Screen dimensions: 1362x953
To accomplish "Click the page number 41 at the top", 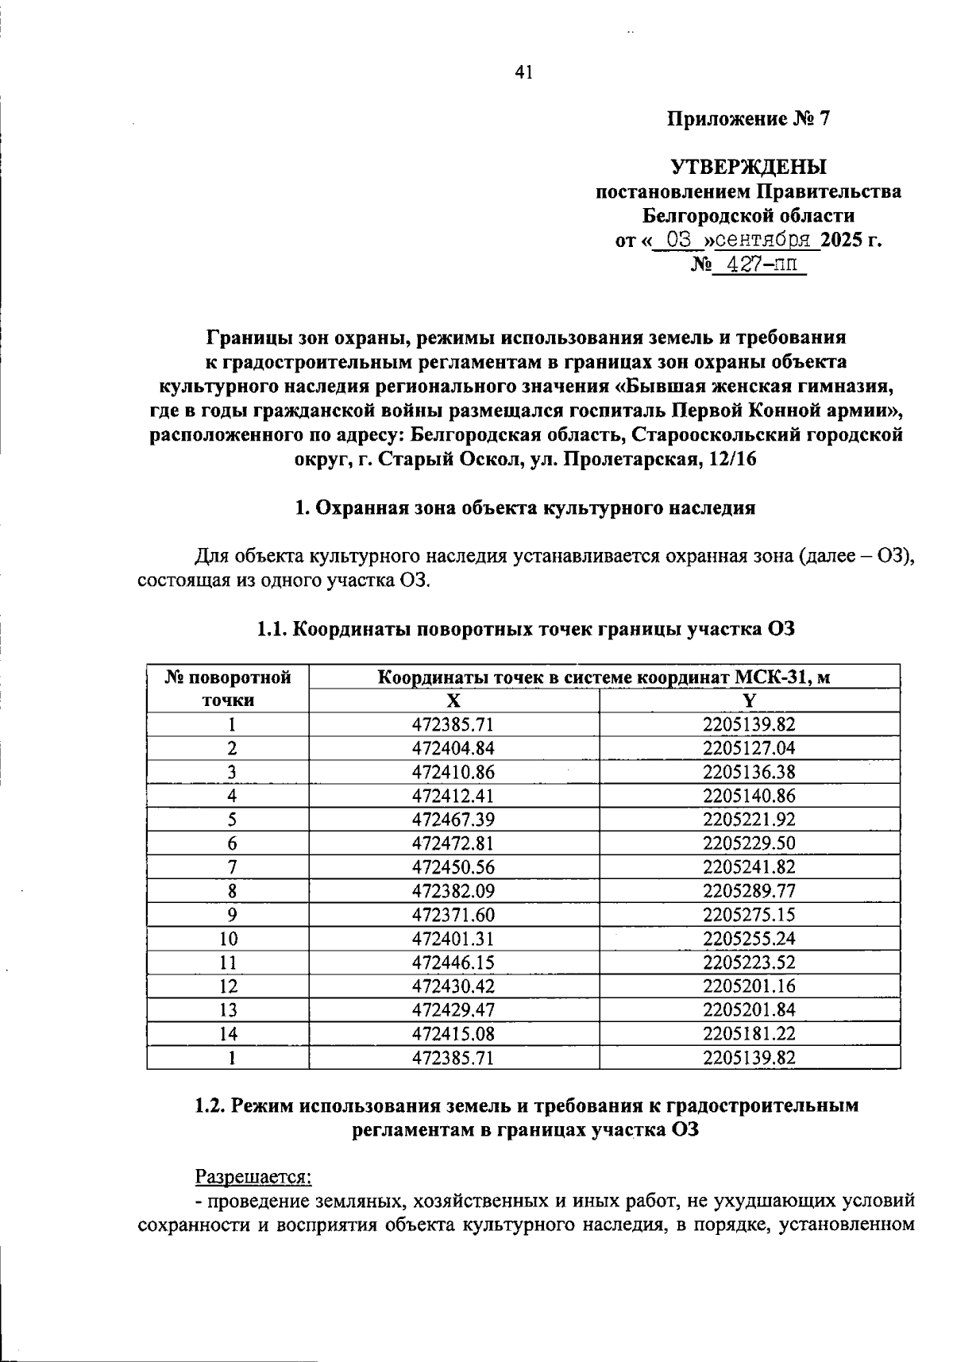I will [x=523, y=73].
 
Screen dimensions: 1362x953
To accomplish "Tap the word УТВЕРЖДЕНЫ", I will [x=748, y=167].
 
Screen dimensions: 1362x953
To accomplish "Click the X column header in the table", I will [x=453, y=700].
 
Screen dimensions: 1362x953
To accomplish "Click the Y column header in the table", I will [x=749, y=700].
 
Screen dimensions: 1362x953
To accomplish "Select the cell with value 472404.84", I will [x=453, y=748].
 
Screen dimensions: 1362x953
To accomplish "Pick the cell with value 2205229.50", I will [x=749, y=843].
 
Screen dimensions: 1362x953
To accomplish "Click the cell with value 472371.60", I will [x=453, y=915].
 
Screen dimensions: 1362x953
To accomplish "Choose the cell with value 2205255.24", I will [x=749, y=939].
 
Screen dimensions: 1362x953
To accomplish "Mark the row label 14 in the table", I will [x=229, y=1034].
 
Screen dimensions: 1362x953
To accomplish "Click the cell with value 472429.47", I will [x=453, y=1010].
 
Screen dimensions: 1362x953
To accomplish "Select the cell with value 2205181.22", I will [x=749, y=1034].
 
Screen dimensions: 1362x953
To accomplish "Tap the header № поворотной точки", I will [x=229, y=689].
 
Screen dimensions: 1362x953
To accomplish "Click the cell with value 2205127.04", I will [x=749, y=748].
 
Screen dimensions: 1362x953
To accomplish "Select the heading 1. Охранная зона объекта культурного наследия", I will [x=524, y=508].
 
